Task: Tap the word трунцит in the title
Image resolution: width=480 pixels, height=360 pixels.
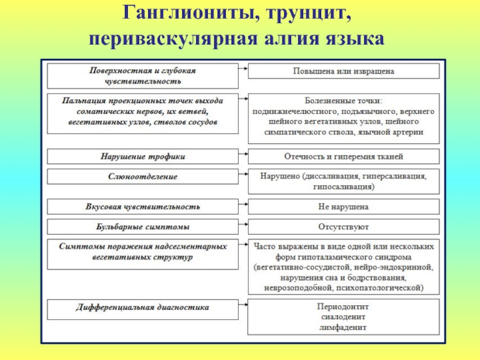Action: click(305, 13)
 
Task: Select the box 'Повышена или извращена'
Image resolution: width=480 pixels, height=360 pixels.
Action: click(343, 71)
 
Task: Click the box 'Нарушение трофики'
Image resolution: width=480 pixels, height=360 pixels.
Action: click(143, 157)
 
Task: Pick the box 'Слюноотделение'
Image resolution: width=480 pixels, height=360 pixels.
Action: click(143, 177)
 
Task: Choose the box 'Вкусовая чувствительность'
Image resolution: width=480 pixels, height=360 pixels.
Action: click(143, 207)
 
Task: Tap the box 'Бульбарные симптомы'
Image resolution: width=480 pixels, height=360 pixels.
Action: click(143, 227)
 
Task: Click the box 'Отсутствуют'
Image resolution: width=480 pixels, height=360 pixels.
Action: click(343, 227)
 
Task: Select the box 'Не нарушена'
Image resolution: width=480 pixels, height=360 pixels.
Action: click(343, 207)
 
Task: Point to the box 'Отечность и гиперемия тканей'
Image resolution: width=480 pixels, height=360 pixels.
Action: click(343, 157)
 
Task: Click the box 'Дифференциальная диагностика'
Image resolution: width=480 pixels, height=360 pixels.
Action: click(143, 307)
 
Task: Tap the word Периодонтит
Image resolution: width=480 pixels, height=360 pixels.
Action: click(343, 308)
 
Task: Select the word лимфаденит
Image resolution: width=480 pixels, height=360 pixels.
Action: click(343, 328)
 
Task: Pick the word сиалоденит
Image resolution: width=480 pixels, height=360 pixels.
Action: click(343, 318)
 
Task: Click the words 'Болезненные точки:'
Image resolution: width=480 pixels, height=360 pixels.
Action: click(343, 100)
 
